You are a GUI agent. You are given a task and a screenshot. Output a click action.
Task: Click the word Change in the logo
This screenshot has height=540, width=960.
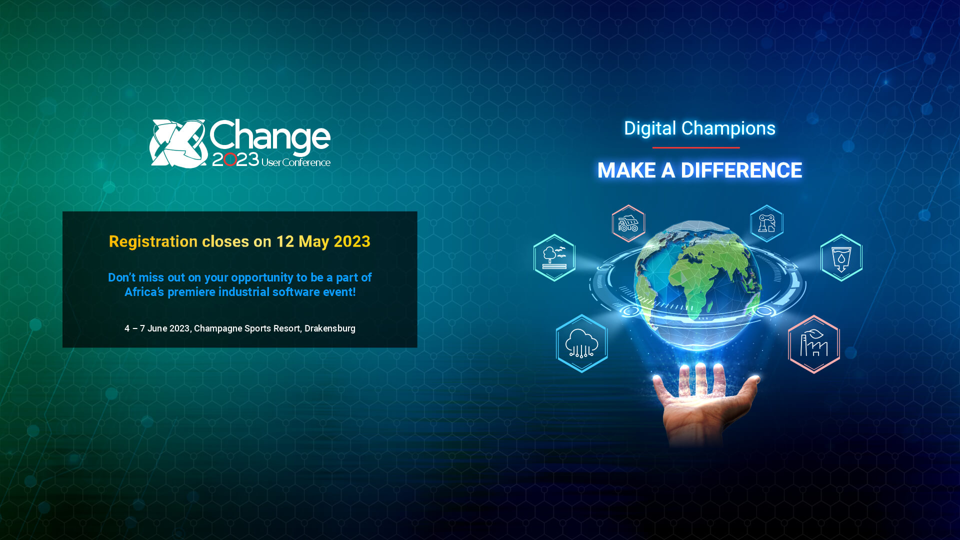point(269,136)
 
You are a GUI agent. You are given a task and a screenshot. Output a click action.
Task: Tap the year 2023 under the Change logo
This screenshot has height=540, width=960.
point(235,159)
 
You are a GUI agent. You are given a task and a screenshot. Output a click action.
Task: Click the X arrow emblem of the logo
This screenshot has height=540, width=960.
point(178,143)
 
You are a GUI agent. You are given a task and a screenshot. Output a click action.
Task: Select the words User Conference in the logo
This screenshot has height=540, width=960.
point(295,162)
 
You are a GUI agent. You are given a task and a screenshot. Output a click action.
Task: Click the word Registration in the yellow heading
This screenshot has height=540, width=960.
point(153,241)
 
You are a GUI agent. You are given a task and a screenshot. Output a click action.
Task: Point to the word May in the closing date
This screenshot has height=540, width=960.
point(313,241)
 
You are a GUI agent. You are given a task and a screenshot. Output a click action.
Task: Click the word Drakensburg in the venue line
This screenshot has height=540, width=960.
point(329,328)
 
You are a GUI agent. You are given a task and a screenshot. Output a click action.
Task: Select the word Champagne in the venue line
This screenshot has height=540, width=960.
point(217,328)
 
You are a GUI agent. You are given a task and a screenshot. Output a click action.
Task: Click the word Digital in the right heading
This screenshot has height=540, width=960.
point(649,128)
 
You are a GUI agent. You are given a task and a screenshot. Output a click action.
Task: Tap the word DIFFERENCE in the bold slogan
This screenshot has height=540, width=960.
point(741,170)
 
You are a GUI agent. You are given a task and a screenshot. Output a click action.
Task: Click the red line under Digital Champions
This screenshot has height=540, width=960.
point(695,147)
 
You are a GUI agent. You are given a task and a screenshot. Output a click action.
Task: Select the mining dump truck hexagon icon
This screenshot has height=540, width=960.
point(628,223)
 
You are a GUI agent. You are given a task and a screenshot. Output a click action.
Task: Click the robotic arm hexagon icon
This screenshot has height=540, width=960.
point(766,223)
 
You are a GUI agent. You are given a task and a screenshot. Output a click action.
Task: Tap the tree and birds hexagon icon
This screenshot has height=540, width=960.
point(554,257)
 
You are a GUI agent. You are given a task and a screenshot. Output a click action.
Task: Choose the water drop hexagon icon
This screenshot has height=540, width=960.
point(841,258)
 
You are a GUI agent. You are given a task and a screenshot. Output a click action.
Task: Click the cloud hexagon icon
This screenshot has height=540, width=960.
point(581,343)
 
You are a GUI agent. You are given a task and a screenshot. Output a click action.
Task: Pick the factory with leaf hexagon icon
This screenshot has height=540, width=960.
point(813,344)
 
